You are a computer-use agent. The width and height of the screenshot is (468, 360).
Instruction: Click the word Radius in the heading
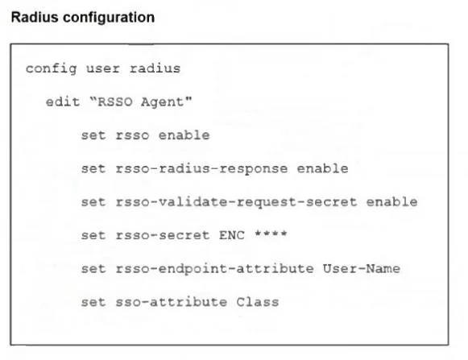pos(35,17)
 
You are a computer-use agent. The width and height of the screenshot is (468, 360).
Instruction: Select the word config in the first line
pos(52,69)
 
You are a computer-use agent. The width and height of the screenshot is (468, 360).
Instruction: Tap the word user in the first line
pos(103,69)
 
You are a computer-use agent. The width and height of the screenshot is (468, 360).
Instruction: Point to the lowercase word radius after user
pos(155,68)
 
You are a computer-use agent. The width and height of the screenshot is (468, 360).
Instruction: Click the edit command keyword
pos(63,101)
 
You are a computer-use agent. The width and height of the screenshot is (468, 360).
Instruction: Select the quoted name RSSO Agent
pos(141,102)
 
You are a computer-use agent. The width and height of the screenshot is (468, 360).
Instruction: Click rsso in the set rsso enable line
pos(132,135)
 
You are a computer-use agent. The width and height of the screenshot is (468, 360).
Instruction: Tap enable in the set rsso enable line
pos(184,135)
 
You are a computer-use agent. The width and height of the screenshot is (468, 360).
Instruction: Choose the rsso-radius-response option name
pos(201,169)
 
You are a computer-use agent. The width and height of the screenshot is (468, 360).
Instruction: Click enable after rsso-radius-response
pos(323,168)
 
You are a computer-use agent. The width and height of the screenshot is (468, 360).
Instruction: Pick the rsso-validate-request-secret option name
pos(236,202)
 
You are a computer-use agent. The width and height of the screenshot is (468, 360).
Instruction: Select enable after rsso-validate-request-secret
pos(392,202)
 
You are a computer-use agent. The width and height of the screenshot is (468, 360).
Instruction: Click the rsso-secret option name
pos(163,235)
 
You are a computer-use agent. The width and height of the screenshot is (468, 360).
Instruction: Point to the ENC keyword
pos(232,235)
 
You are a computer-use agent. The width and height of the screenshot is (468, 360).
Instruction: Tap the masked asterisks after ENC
pos(271,234)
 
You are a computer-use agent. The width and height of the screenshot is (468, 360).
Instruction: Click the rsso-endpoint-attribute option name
pos(214,269)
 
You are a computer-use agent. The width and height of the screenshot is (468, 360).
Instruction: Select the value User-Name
pos(362,268)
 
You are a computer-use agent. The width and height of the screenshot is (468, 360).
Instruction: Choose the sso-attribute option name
pos(172,302)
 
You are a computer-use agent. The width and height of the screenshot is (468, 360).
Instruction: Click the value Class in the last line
pos(258,302)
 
